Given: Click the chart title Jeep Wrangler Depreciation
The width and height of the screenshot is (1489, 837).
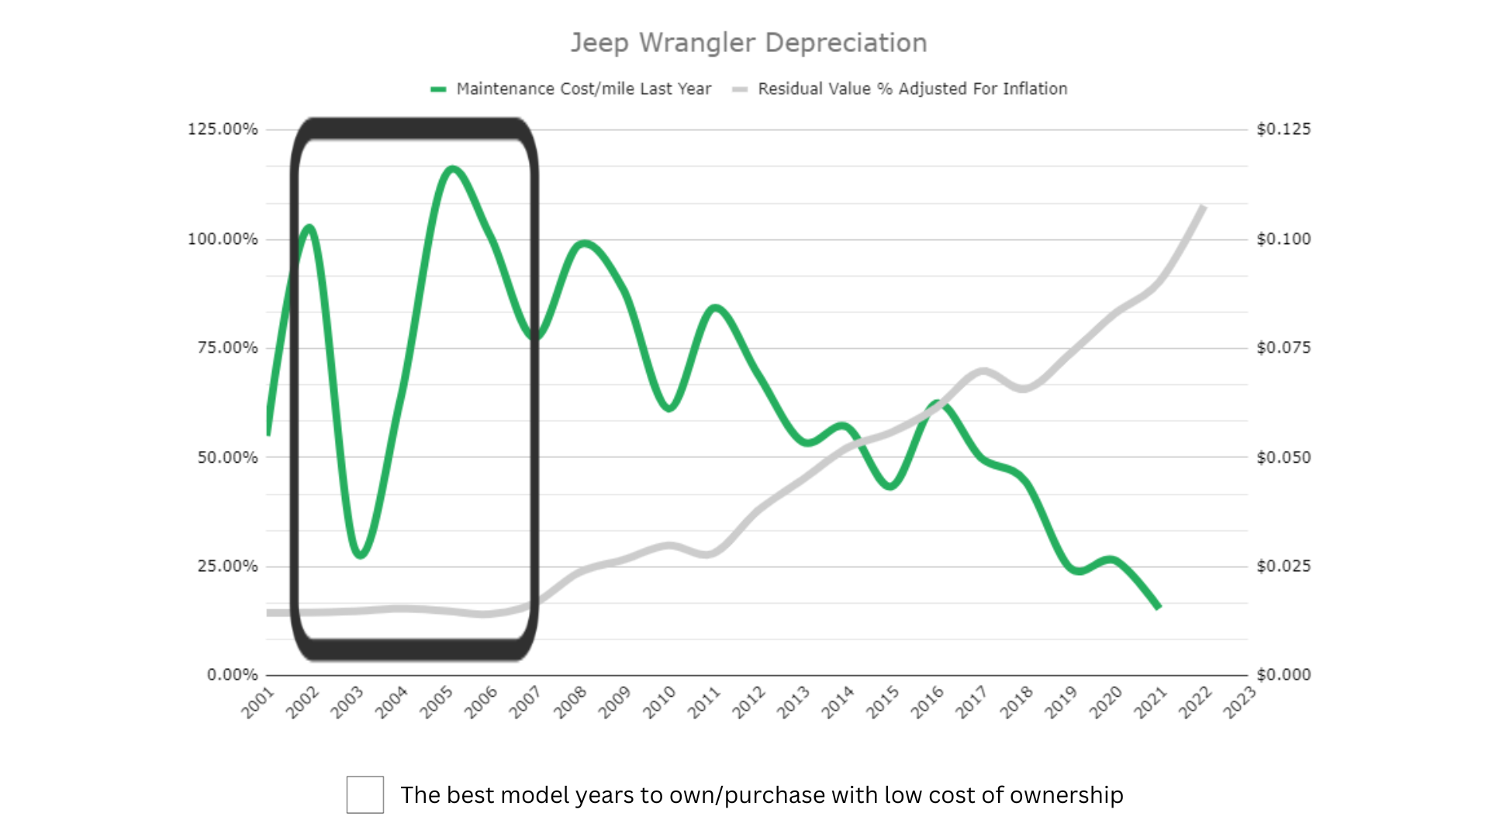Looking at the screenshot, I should click(x=748, y=43).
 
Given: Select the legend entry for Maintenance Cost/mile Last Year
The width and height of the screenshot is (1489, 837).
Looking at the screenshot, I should click(x=582, y=89).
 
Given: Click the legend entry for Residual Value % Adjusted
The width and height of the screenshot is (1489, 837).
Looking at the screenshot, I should click(x=911, y=89).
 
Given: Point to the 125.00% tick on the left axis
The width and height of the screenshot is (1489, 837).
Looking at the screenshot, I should click(x=223, y=129).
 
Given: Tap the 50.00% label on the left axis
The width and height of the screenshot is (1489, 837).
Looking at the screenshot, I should click(x=227, y=457).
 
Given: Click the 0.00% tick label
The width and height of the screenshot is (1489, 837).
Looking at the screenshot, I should click(x=232, y=675).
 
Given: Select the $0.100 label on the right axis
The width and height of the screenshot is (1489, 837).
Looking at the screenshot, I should click(x=1283, y=239).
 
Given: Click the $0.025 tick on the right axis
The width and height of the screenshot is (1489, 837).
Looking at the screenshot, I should click(x=1283, y=566).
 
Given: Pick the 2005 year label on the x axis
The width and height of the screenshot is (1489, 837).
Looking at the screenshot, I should click(x=436, y=702).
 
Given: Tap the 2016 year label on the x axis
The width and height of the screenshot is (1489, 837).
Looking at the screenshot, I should click(x=927, y=702).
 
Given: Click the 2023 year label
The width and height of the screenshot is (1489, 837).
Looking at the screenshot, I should click(x=1239, y=702).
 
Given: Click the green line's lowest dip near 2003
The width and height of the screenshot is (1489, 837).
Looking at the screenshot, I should click(x=361, y=555).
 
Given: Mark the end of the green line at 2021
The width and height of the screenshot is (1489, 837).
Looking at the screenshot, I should click(x=1158, y=607).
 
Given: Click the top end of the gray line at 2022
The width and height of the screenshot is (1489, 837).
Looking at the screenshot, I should click(x=1202, y=207).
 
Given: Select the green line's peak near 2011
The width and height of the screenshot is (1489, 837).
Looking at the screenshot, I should click(x=715, y=308).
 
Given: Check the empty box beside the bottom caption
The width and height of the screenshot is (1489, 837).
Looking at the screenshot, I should click(x=364, y=794).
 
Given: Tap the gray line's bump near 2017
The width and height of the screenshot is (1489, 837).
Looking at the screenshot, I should click(x=983, y=372).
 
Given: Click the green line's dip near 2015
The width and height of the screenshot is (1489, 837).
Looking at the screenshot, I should click(x=891, y=486).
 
